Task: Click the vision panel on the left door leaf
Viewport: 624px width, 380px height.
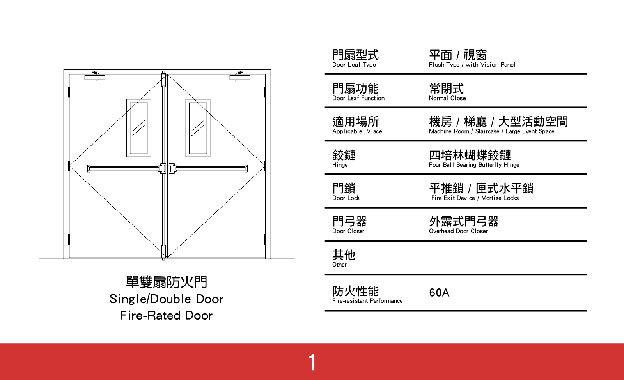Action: (x=139, y=128)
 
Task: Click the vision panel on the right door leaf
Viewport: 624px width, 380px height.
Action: (x=198, y=128)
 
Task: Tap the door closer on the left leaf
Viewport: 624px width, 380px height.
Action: (x=95, y=77)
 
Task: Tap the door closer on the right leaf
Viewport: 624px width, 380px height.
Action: (x=239, y=77)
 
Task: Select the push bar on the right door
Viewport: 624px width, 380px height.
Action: (x=211, y=168)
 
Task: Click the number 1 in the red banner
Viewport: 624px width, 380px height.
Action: (x=312, y=362)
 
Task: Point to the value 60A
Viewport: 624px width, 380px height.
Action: (x=439, y=293)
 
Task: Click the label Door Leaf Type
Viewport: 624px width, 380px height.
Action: (x=354, y=65)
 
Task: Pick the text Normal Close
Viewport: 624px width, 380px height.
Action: (x=447, y=98)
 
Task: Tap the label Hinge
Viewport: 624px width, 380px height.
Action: (x=340, y=165)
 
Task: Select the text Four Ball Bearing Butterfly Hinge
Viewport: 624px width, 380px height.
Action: (x=474, y=165)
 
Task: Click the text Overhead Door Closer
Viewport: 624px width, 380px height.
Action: (x=458, y=231)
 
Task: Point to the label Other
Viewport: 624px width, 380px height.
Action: (x=339, y=265)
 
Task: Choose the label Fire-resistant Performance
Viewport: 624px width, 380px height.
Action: (x=367, y=301)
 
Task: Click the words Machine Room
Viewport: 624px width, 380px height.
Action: (x=449, y=131)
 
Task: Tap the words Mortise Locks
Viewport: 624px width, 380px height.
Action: (x=500, y=198)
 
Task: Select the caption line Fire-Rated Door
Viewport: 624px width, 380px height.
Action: (x=166, y=315)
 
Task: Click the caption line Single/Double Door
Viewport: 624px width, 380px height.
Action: (x=166, y=299)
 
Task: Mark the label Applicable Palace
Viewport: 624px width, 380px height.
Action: (x=357, y=131)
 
